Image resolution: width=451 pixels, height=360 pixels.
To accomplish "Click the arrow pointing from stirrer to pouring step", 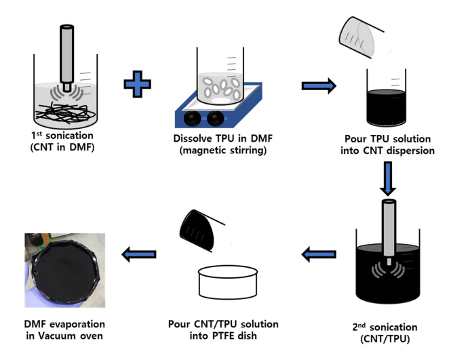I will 317,85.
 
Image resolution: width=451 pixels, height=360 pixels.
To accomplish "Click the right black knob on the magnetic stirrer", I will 216,118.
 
